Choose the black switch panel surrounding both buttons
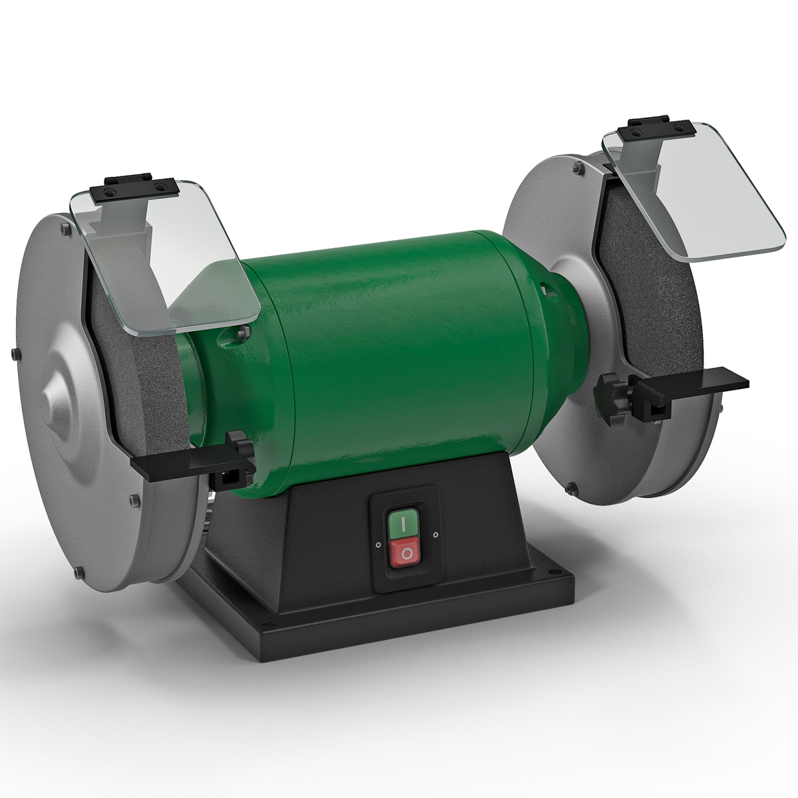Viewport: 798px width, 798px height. (405, 539)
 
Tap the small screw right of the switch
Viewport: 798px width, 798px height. (436, 534)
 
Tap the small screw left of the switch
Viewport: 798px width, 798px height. (378, 543)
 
